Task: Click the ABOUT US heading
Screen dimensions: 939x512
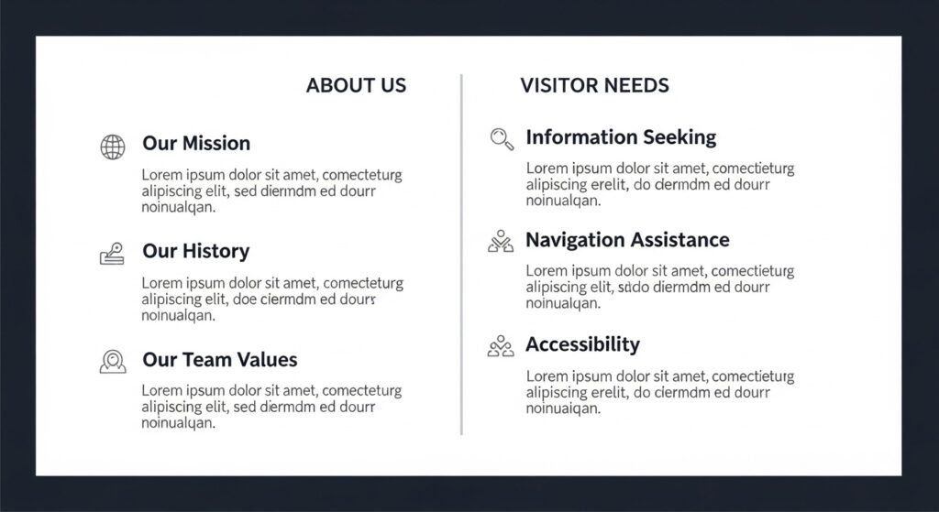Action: [x=357, y=85]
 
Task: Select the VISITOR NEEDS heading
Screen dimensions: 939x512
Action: [x=594, y=85]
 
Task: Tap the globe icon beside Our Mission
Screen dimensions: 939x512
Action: [x=113, y=147]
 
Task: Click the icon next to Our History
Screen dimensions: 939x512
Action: [x=112, y=254]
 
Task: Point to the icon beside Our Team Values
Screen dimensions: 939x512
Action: [x=113, y=361]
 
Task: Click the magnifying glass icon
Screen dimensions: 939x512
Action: [x=502, y=139]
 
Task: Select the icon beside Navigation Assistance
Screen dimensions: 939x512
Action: [x=501, y=241]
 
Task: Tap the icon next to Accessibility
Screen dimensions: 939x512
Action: [x=501, y=345]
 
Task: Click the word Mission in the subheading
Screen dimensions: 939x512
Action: [x=216, y=144]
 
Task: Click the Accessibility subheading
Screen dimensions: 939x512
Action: [x=582, y=344]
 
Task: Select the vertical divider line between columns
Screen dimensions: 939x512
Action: [x=462, y=255]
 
